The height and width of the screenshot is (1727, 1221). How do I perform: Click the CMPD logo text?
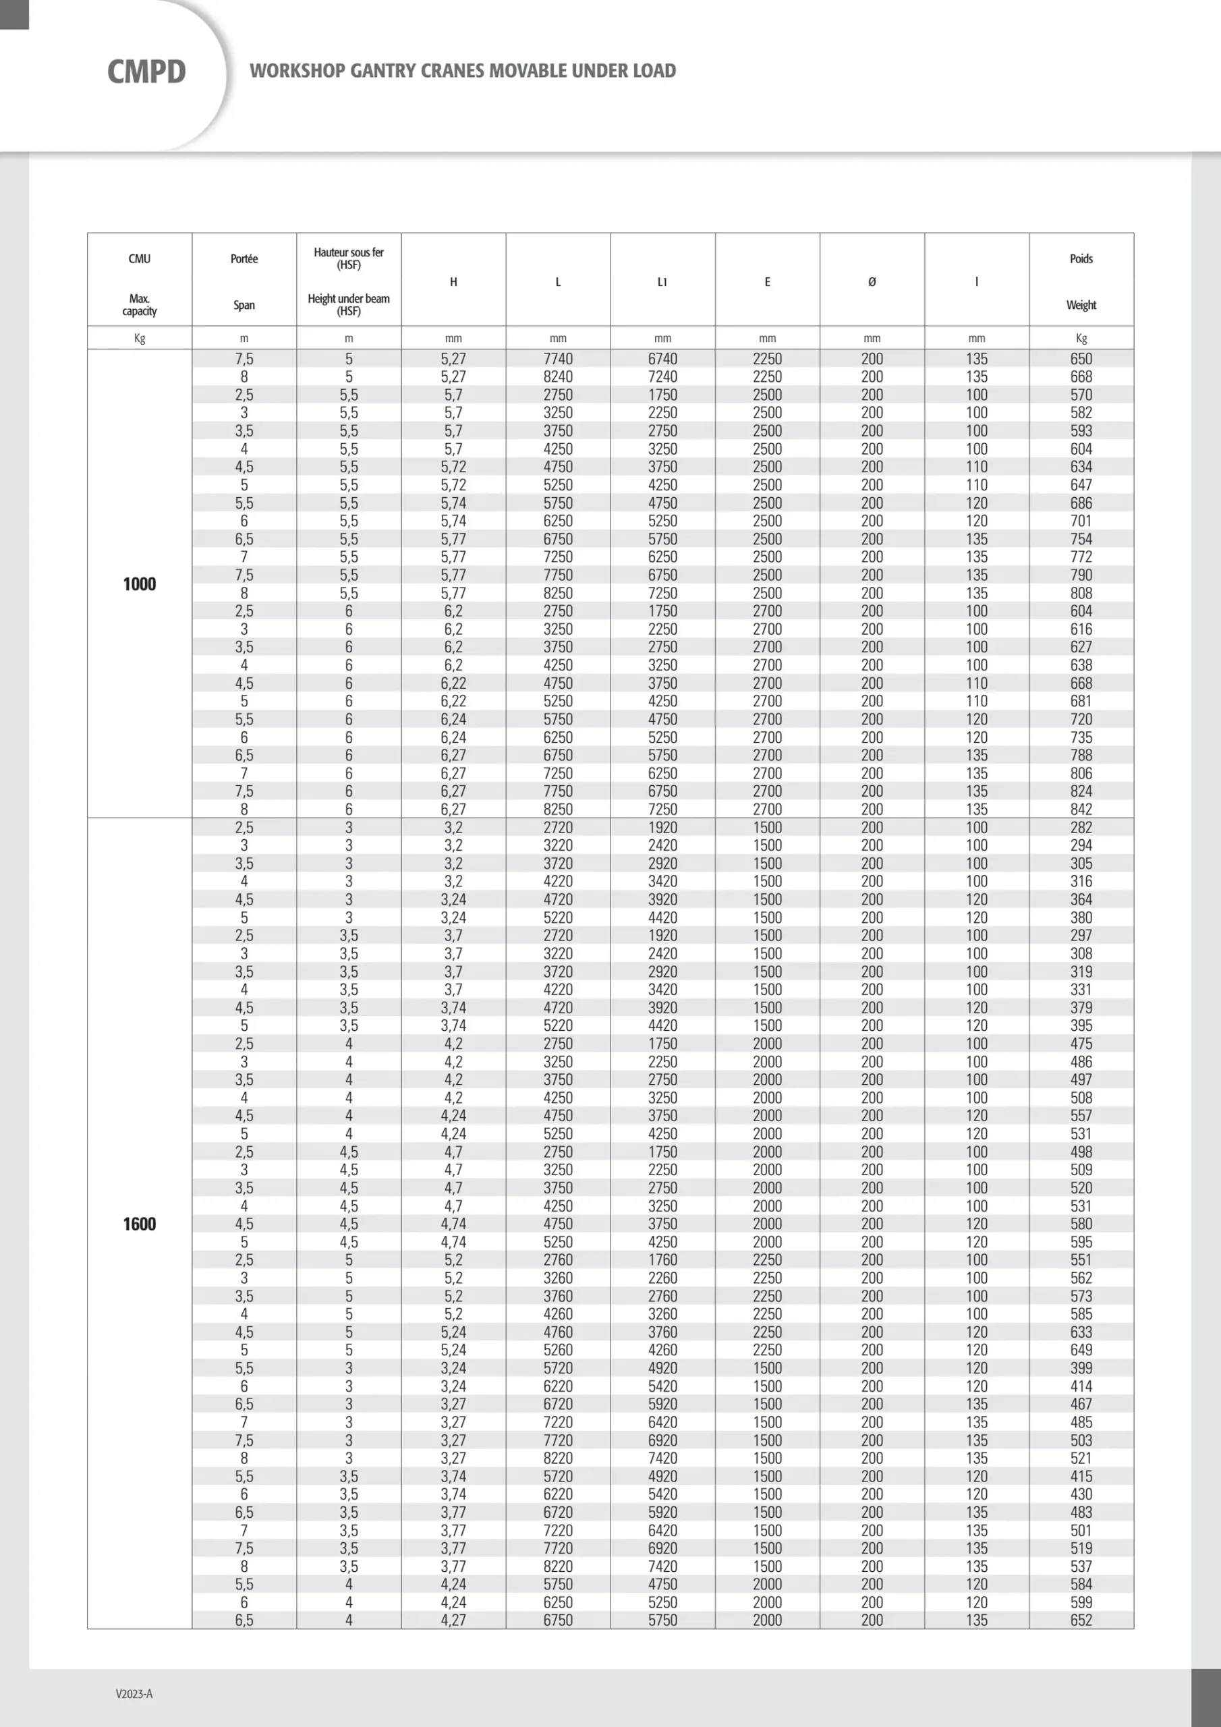pyautogui.click(x=146, y=72)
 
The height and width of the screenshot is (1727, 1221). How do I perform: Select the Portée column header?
pyautogui.click(x=244, y=259)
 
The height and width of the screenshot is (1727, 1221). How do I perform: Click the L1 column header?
pyautogui.click(x=662, y=282)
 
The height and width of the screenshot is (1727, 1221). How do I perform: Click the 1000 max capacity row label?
pyautogui.click(x=139, y=584)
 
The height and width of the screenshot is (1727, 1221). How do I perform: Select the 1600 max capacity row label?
pyautogui.click(x=139, y=1224)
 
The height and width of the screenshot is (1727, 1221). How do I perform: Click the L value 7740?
pyautogui.click(x=557, y=359)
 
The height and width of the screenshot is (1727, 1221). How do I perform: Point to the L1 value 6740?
pyautogui.click(x=662, y=359)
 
